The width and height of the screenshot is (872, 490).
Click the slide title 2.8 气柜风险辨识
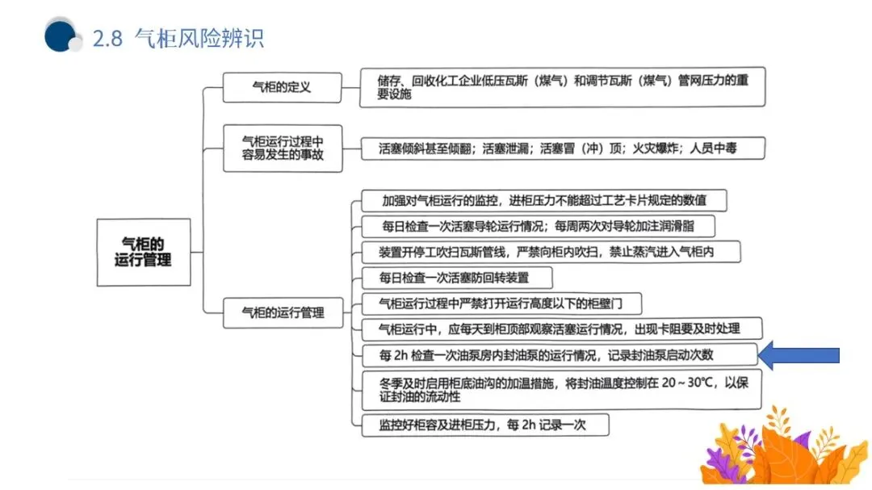click(x=178, y=38)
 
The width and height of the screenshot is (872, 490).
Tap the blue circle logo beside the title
click(x=61, y=36)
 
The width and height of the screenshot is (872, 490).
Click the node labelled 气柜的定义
click(x=282, y=87)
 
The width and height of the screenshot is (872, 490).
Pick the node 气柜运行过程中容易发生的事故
click(x=283, y=148)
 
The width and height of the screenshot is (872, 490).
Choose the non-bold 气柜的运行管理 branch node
click(x=283, y=312)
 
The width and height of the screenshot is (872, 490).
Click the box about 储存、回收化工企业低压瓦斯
click(x=562, y=87)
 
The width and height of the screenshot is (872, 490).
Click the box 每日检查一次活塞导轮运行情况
click(x=538, y=226)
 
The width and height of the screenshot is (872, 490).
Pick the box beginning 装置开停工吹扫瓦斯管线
click(x=549, y=252)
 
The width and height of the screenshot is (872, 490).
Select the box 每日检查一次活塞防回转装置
click(x=456, y=278)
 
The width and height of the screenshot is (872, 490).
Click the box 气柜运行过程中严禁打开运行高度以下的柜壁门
click(x=501, y=304)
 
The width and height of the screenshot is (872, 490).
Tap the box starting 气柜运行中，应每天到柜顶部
click(x=560, y=329)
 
